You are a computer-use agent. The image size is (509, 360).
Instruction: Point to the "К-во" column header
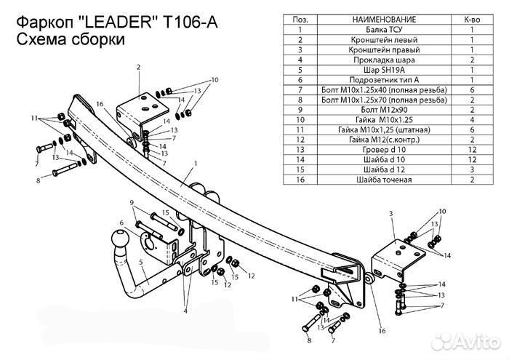[471, 19]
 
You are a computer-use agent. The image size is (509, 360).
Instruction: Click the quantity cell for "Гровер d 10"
[471, 148]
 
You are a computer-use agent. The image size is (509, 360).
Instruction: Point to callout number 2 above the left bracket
[137, 67]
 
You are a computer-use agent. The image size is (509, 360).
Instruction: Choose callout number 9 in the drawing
[132, 202]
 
